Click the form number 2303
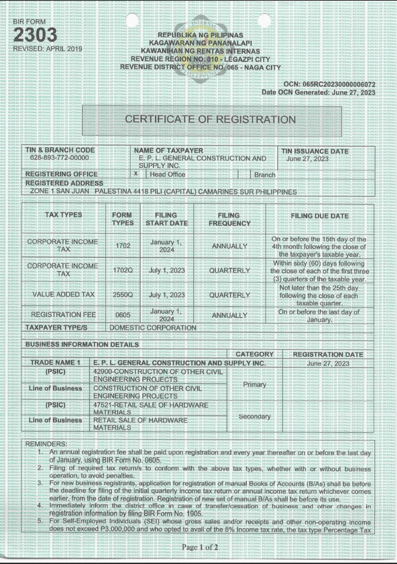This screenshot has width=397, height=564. click(x=35, y=35)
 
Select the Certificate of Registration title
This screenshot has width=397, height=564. click(x=211, y=120)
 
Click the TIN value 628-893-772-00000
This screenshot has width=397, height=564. click(x=59, y=158)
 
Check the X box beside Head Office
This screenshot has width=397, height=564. click(x=136, y=174)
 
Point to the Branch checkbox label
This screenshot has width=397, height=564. click(x=264, y=174)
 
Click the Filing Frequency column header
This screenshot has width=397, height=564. click(x=230, y=219)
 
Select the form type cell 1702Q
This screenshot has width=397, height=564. click(x=123, y=270)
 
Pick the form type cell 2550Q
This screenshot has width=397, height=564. click(x=123, y=295)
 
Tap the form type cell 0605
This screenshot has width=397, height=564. click(x=123, y=315)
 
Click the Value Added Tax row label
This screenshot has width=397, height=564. click(x=63, y=295)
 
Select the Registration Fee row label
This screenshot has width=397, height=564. click(x=63, y=315)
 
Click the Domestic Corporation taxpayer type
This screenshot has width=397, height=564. click(x=152, y=328)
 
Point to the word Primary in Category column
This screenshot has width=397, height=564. click(x=254, y=385)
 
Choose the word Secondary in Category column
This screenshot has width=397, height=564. click(x=254, y=416)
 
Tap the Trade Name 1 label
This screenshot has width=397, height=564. click(x=56, y=363)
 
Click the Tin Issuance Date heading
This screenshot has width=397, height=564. click(x=315, y=151)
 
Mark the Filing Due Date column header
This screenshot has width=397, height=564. click(x=319, y=216)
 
